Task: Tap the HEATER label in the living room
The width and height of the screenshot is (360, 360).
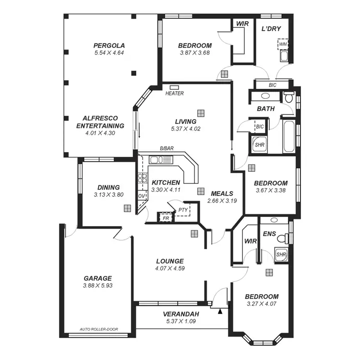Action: (174, 94)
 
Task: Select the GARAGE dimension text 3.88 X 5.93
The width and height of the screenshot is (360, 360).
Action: (98, 286)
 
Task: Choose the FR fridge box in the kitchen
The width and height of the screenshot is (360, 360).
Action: (166, 218)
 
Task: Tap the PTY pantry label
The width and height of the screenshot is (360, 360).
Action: (182, 210)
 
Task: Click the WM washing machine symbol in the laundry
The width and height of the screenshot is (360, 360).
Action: (283, 45)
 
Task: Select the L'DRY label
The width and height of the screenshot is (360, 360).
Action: (271, 29)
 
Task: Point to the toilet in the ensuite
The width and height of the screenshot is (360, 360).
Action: (287, 238)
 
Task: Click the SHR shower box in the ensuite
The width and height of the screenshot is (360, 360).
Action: (281, 254)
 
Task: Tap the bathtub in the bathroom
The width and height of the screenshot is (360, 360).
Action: (288, 137)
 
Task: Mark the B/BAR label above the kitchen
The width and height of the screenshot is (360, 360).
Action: (167, 149)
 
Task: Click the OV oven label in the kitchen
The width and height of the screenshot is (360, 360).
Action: (142, 196)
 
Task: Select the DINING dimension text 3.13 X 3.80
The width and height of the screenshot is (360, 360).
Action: (108, 195)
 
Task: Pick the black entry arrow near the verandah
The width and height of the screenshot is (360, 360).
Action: (220, 312)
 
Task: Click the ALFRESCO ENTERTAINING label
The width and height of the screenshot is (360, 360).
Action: (100, 122)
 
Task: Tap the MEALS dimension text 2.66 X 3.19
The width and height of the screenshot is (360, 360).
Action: (222, 201)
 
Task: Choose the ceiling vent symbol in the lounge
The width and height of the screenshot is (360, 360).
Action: (194, 234)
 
